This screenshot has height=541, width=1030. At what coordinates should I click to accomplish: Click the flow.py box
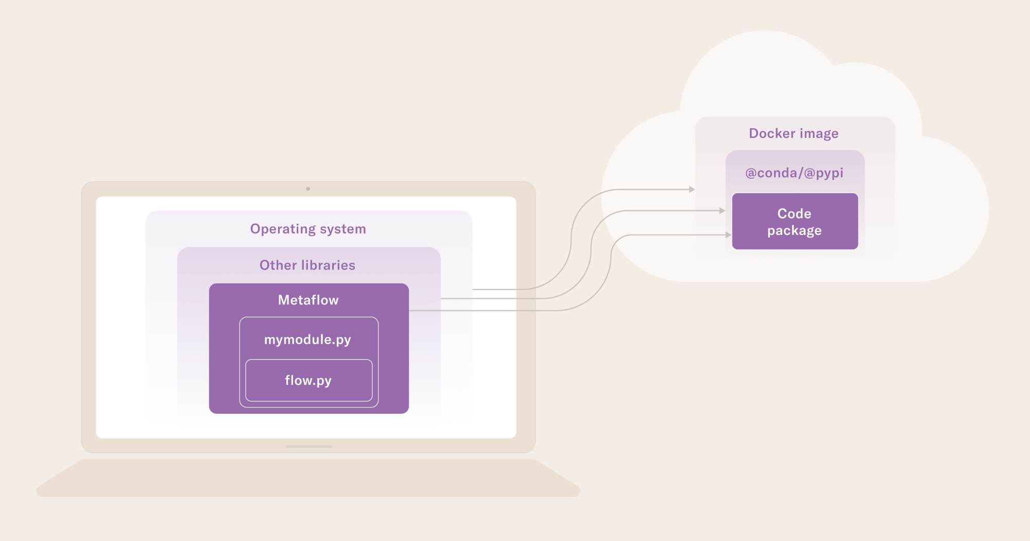pyautogui.click(x=309, y=380)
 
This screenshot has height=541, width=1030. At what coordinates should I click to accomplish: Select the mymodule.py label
pyautogui.click(x=307, y=340)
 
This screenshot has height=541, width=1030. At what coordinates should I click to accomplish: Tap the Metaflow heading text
pyautogui.click(x=308, y=300)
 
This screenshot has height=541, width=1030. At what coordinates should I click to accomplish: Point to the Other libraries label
pyautogui.click(x=307, y=265)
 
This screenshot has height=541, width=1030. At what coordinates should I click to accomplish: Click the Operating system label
pyautogui.click(x=308, y=229)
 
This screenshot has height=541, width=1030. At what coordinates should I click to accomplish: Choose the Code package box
pyautogui.click(x=795, y=221)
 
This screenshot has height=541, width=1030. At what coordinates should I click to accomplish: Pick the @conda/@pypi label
pyautogui.click(x=794, y=173)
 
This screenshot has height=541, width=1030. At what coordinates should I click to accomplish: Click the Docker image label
pyautogui.click(x=794, y=133)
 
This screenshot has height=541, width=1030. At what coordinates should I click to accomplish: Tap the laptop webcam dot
pyautogui.click(x=308, y=189)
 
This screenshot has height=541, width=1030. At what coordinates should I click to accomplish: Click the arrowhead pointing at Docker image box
pyautogui.click(x=692, y=190)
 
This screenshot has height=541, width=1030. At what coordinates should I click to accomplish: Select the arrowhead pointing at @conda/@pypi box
pyautogui.click(x=722, y=211)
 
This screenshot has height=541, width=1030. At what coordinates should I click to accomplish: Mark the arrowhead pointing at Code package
pyautogui.click(x=728, y=235)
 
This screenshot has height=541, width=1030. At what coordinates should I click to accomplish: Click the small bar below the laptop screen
pyautogui.click(x=309, y=446)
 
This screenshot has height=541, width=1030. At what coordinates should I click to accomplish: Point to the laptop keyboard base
pyautogui.click(x=308, y=478)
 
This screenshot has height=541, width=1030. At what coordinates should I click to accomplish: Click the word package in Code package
pyautogui.click(x=794, y=231)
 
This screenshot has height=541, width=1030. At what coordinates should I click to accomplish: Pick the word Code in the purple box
pyautogui.click(x=794, y=213)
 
